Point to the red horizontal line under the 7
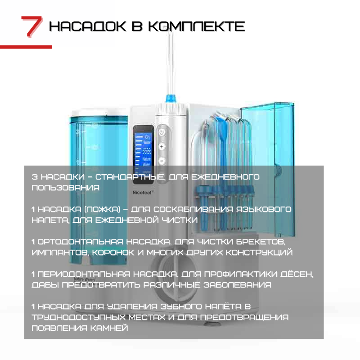26,46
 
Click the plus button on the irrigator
162,147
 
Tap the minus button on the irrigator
162,161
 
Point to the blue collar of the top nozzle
171,98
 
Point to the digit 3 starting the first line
34,176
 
